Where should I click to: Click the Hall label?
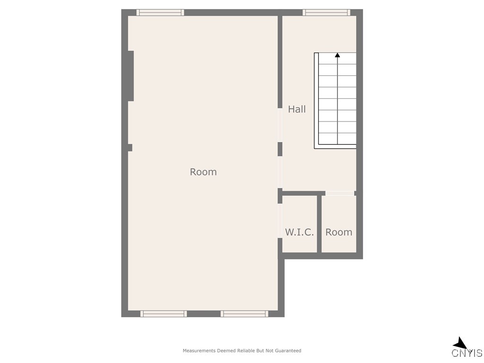point(297,109)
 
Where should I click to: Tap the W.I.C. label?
point(299,232)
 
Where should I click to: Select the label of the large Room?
point(203,172)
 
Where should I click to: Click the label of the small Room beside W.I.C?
point(339,232)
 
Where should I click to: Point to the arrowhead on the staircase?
point(337,55)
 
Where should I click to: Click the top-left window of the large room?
point(160,13)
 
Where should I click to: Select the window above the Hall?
point(327,13)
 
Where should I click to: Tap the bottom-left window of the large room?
point(164,313)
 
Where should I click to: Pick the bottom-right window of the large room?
point(244,313)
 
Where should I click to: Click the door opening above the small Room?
point(340,193)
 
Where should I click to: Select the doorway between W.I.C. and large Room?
point(280,221)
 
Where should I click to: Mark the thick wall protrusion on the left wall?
point(131,76)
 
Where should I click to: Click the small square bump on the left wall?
point(130,147)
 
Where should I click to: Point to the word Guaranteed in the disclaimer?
point(288,351)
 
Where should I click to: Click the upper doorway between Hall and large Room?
point(280,125)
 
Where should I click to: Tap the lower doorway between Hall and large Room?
point(280,172)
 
